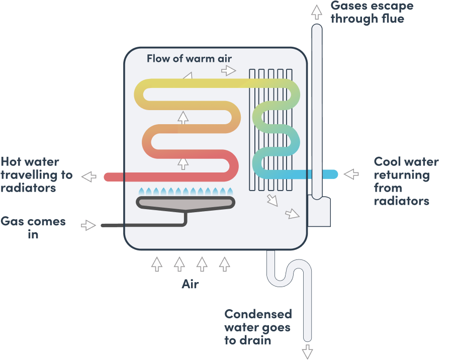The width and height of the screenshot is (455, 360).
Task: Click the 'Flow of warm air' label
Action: [189, 58]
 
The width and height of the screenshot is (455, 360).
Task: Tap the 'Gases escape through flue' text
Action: [372, 13]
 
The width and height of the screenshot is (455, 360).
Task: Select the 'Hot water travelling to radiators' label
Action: [36, 175]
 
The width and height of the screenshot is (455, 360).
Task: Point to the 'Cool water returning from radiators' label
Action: [406, 182]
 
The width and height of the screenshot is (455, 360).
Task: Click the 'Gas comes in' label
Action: [33, 228]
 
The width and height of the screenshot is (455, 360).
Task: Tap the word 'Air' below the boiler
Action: [190, 284]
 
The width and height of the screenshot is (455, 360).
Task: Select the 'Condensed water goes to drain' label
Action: [257, 327]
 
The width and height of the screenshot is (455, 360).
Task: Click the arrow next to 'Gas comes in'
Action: [89, 225]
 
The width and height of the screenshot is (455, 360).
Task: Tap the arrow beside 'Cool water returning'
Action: [351, 174]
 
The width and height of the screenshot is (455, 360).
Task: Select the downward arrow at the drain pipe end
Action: [307, 351]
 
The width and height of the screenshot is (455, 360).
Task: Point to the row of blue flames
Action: [186, 191]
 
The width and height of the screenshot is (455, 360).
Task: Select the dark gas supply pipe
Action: [141, 225]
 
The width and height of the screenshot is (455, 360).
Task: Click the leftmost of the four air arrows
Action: [157, 264]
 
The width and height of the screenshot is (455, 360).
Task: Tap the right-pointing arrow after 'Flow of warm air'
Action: [229, 70]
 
